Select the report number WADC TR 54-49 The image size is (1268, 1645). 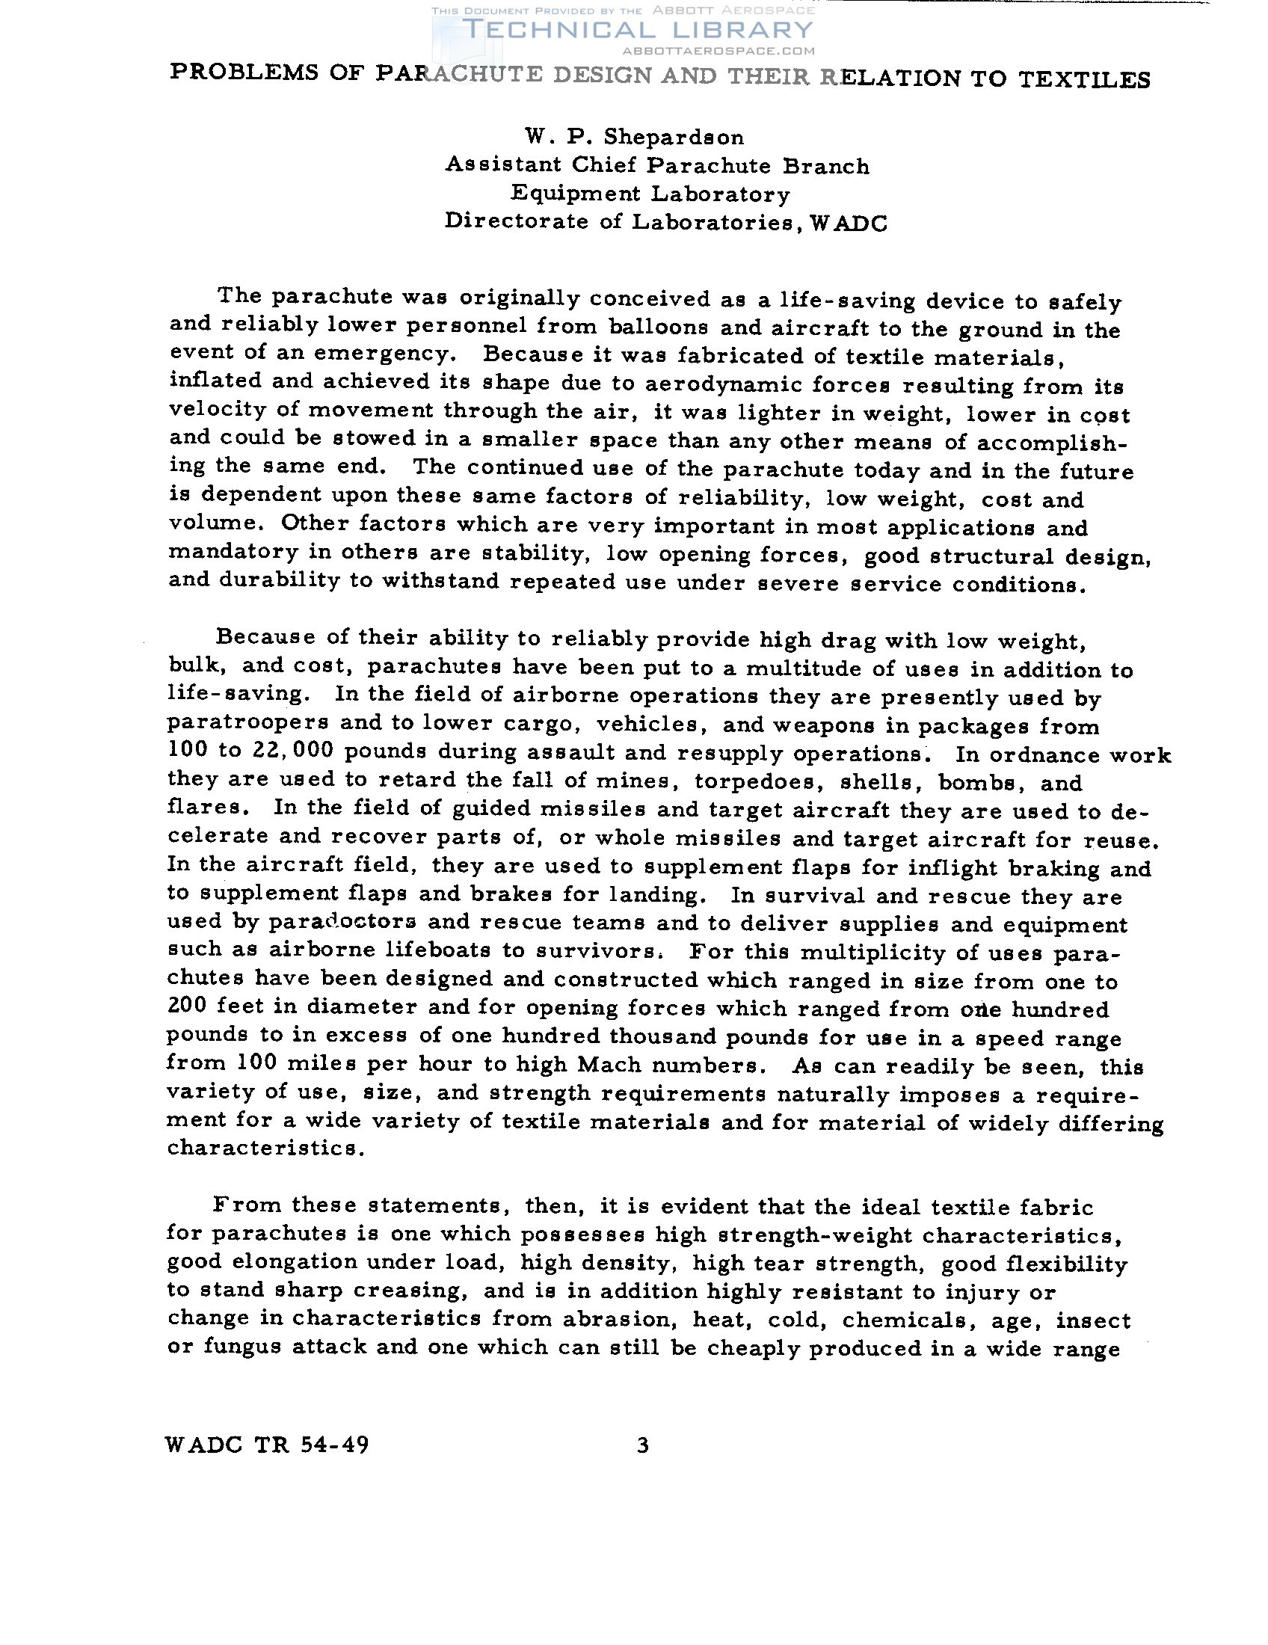[x=268, y=1445]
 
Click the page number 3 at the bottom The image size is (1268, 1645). [x=642, y=1445]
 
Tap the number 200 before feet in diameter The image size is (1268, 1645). [x=185, y=1007]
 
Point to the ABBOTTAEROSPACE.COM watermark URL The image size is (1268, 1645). [x=719, y=51]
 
